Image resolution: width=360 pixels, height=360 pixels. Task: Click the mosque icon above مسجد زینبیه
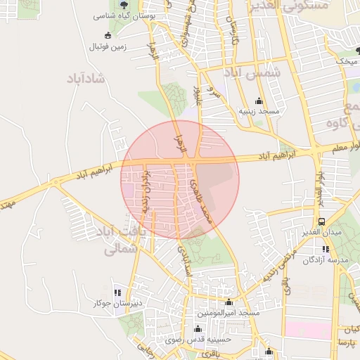(259, 101)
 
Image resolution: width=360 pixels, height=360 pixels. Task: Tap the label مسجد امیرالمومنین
(229, 312)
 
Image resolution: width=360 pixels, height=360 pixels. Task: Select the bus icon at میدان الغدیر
(321, 221)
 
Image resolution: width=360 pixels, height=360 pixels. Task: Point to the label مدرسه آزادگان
(324, 260)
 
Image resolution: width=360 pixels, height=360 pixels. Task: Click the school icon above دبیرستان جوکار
(117, 292)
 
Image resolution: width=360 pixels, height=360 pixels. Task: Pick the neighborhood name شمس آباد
(251, 72)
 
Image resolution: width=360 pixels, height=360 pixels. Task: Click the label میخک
(347, 61)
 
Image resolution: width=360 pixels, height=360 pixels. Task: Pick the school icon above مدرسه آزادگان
(325, 248)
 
